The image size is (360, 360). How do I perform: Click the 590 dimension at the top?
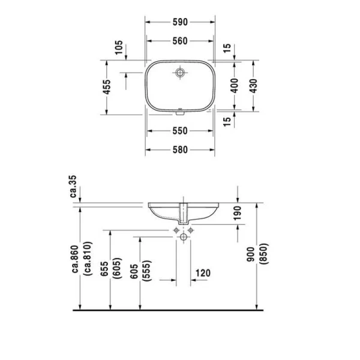180,22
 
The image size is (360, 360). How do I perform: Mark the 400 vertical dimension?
235,86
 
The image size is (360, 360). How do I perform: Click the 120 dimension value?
203,274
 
